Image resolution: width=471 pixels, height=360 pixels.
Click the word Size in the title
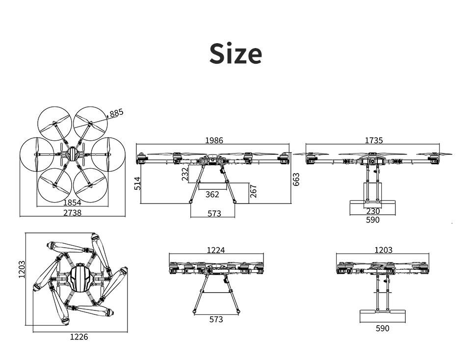point(235,53)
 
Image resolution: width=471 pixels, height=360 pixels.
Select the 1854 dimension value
point(72,203)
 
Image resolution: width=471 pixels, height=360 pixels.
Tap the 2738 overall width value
point(73,212)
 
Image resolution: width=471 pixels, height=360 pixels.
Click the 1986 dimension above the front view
point(214,140)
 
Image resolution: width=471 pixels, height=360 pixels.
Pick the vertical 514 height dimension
point(137,183)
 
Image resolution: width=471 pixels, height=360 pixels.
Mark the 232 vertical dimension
point(185,174)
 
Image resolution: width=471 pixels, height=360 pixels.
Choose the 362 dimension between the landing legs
point(212,195)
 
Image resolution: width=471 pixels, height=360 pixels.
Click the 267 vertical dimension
point(253,191)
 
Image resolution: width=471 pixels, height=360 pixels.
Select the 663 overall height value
point(296,179)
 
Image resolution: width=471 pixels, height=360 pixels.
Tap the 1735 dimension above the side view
point(374,140)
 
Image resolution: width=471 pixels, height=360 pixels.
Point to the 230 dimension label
point(373,211)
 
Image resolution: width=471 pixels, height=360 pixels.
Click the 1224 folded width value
point(216,250)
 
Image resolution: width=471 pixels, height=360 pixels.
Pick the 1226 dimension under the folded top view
point(79,337)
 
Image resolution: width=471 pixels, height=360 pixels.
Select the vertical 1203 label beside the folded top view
point(22,269)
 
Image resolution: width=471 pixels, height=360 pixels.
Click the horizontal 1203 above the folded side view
point(383,250)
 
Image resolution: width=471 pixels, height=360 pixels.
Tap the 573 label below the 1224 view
point(216,319)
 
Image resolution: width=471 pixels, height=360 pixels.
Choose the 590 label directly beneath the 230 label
point(373,220)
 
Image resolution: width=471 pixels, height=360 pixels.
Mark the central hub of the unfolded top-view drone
point(73,154)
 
